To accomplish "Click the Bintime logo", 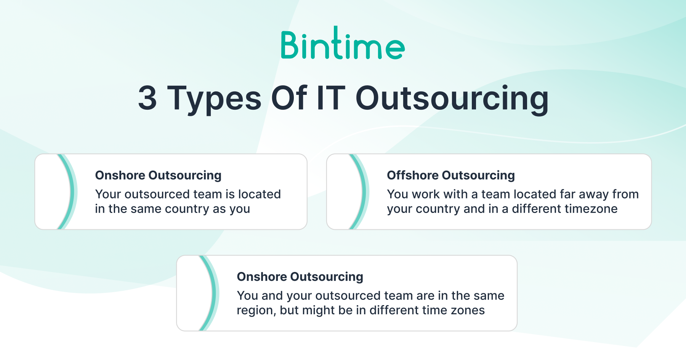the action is click(x=343, y=43).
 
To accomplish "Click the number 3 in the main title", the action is click(x=147, y=98).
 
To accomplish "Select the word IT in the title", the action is click(x=331, y=98).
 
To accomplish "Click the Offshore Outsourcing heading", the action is click(x=451, y=175).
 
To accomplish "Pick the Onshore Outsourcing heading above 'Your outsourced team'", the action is click(x=158, y=175).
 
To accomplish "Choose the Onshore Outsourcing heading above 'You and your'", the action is click(x=300, y=277).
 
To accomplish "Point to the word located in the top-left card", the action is click(x=259, y=194).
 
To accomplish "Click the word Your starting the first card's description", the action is click(x=108, y=194).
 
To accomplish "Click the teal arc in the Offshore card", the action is click(x=363, y=192).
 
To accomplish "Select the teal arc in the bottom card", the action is click(x=213, y=293).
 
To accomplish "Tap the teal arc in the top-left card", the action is click(x=72, y=192).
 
